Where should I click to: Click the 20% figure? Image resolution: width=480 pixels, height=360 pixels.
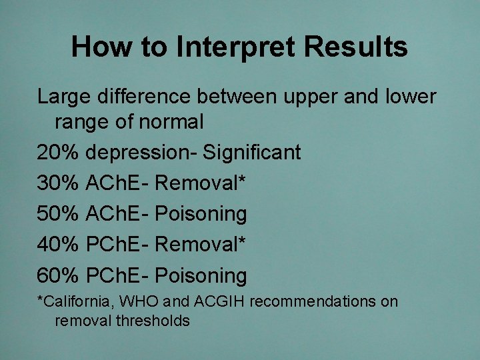coord(59,153)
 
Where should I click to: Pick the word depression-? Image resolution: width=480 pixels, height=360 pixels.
coord(142,153)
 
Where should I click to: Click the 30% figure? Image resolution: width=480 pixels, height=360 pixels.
coord(59,183)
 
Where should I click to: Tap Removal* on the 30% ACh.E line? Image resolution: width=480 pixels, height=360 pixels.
coord(201,183)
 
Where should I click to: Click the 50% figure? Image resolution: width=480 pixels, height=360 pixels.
coord(59,214)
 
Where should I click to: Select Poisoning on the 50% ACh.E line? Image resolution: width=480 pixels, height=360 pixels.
coord(201,214)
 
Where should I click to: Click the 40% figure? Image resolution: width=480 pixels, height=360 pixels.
coord(59,245)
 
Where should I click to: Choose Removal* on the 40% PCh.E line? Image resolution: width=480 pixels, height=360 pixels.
coord(201,245)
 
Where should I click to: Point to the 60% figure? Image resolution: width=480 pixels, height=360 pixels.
coord(59,275)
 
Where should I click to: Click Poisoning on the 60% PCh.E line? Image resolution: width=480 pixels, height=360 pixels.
coord(201,275)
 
